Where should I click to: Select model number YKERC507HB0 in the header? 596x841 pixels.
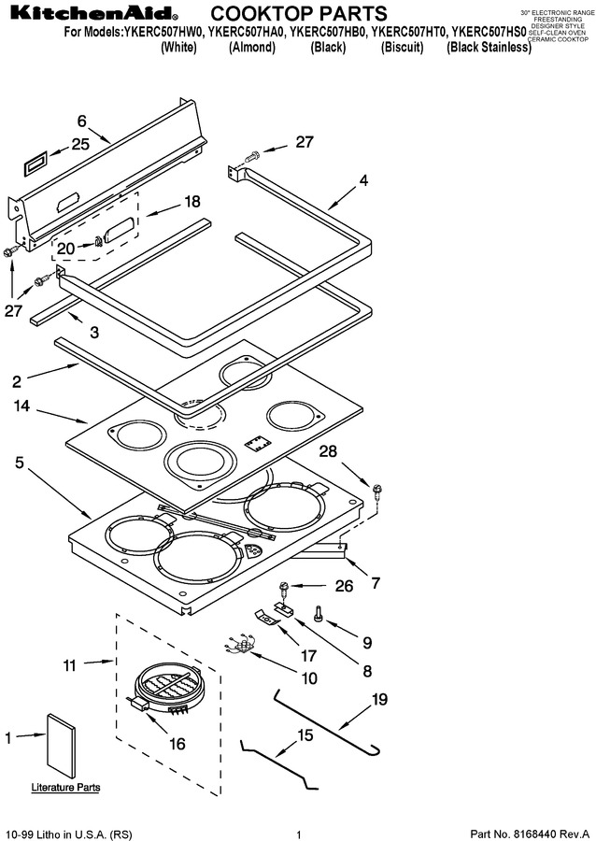[x=328, y=32]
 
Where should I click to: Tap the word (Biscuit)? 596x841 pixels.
[x=402, y=48]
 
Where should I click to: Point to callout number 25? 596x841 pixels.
[x=80, y=144]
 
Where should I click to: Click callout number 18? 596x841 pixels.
[x=192, y=201]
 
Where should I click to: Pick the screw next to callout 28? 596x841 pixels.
[x=376, y=491]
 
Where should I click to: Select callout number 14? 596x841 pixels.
[x=21, y=406]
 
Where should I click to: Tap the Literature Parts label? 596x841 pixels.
[x=65, y=788]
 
